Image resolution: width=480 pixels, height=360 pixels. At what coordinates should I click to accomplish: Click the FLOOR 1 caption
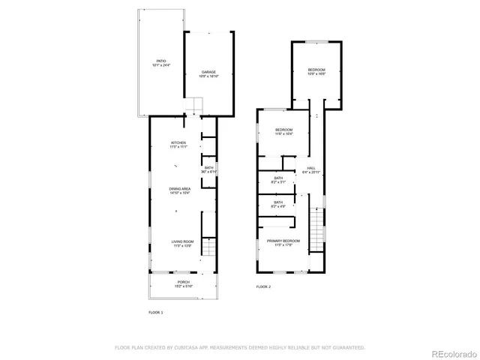coord(155,312)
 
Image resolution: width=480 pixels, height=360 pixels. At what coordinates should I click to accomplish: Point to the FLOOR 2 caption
coord(263,286)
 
